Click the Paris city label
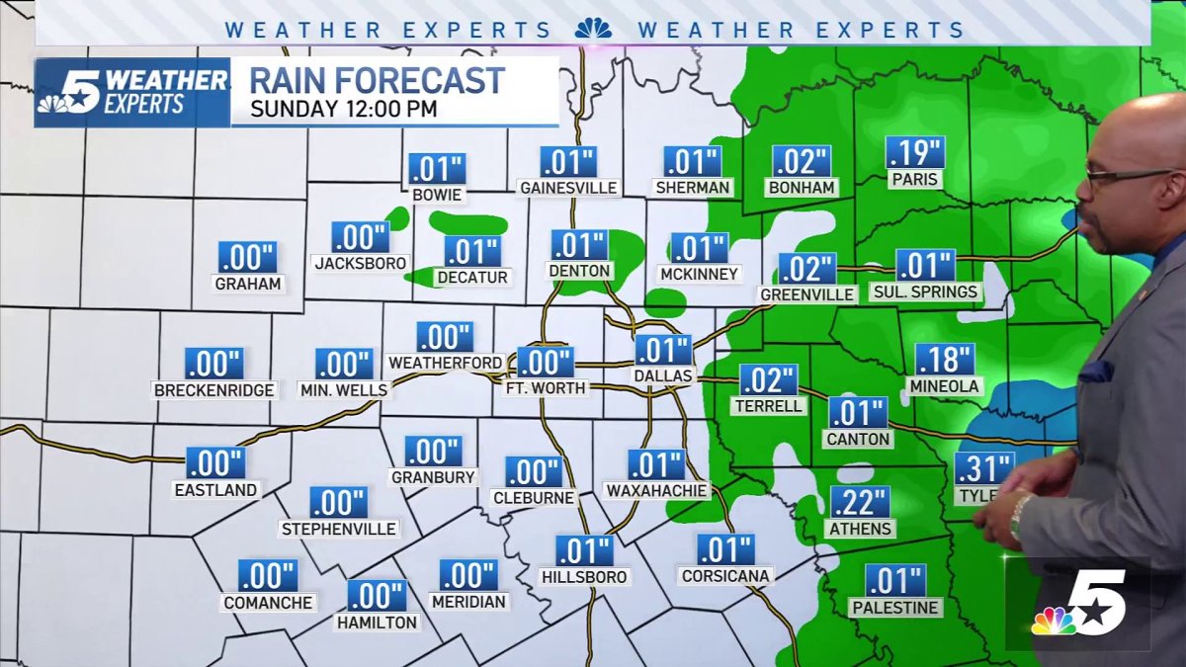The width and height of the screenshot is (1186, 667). pos(914,179)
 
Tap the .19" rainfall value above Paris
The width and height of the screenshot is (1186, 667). pos(915,152)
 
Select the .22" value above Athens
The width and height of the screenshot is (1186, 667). pos(860,502)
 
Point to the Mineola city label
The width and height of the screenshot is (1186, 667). pos(944,385)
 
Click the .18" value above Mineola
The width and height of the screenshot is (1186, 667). pos(945,359)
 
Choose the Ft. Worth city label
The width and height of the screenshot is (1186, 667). pos(546,388)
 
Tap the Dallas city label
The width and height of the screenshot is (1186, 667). pos(664,375)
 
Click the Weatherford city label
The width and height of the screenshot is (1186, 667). pos(445,363)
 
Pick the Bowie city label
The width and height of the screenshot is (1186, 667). pos(437,195)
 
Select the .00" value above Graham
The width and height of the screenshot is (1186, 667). pos(247,257)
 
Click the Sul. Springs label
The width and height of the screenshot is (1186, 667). pos(925,292)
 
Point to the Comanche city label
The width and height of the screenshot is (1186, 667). pos(268,602)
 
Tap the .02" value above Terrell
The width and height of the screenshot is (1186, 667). pos(768,379)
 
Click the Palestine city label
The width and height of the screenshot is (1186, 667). pos(895,607)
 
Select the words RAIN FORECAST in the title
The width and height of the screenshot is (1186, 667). pos(377,79)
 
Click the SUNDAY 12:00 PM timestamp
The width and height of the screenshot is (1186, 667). pos(343,108)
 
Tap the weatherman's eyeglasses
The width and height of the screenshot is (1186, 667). pos(1127,177)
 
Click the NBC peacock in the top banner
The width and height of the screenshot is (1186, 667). pos(593,29)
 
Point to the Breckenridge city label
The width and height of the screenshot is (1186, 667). pos(213,390)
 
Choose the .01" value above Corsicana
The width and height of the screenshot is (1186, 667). pos(726,548)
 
